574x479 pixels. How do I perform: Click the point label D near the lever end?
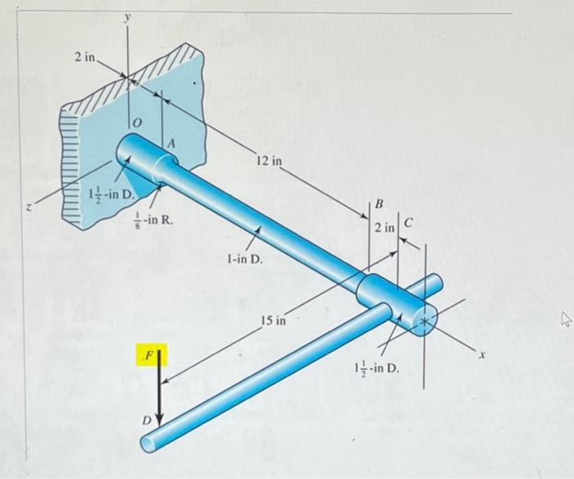click(148, 420)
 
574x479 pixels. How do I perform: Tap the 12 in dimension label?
click(267, 162)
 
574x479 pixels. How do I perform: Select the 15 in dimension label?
click(274, 319)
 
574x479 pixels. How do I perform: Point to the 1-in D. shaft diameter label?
click(239, 259)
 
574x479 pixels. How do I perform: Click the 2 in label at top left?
click(84, 57)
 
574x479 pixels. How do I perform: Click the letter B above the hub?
click(379, 202)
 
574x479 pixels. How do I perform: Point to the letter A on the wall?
click(171, 143)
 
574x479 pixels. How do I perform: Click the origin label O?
click(137, 121)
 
